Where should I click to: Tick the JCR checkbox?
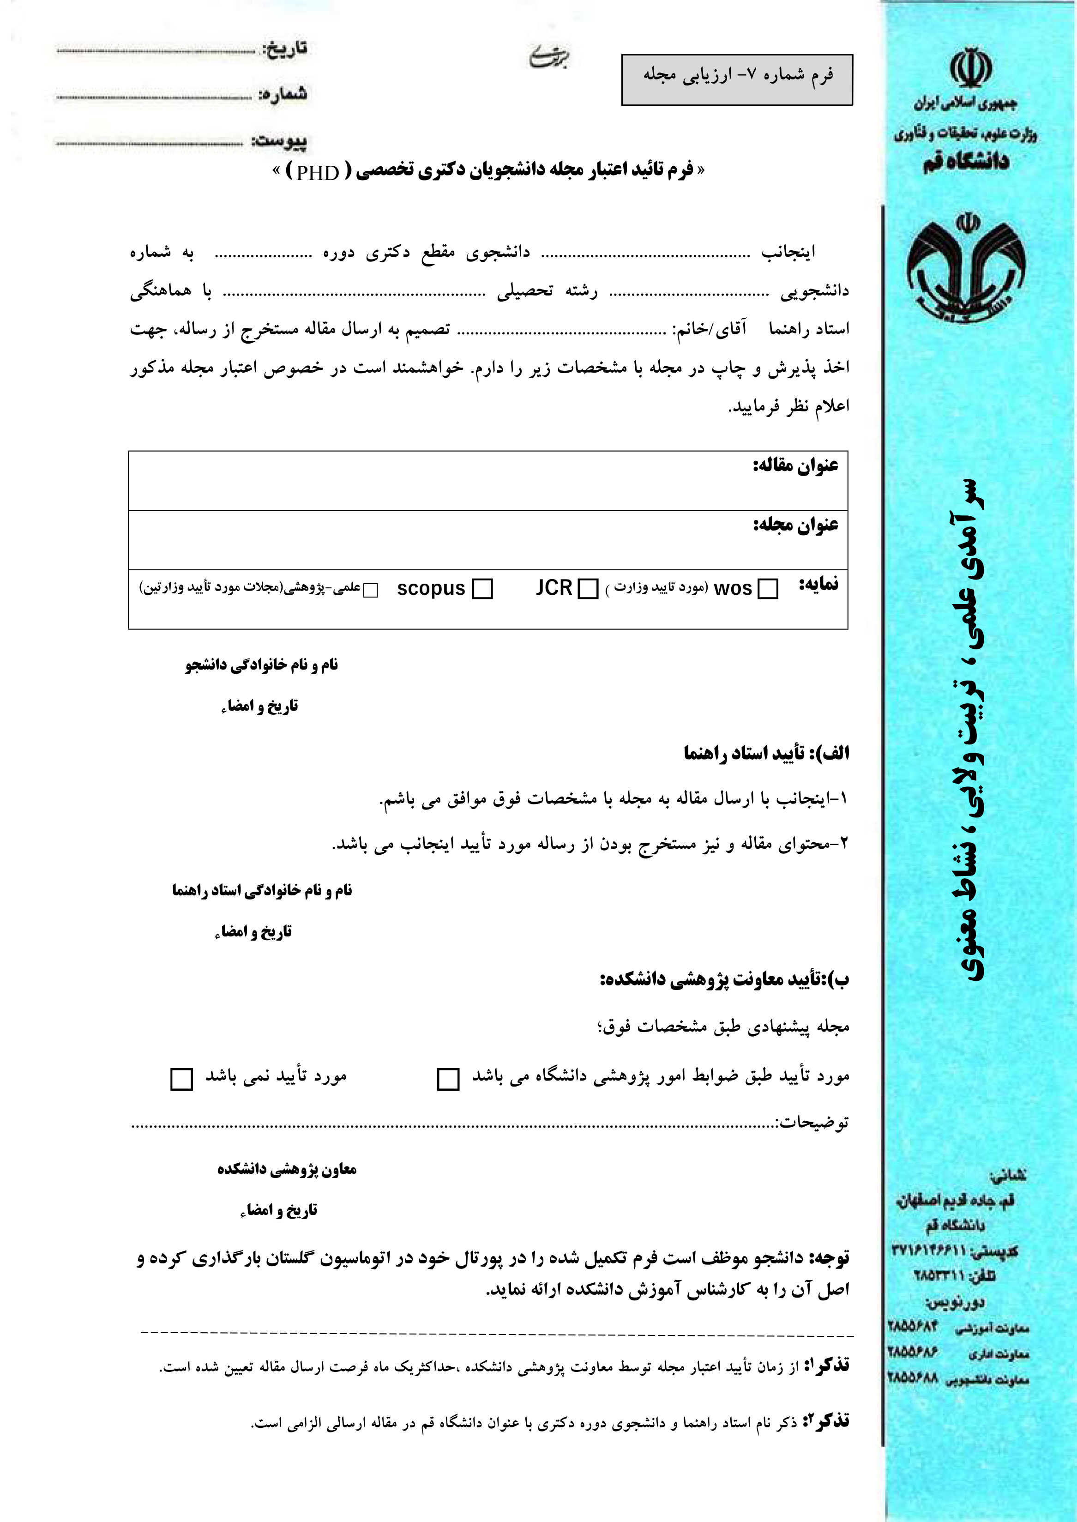pos(588,588)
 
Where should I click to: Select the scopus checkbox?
pos(482,588)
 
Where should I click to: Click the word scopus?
pos(431,588)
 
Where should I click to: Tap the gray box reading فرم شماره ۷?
pos(737,79)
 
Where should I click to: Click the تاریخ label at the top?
pos(285,48)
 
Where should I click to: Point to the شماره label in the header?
pos(283,94)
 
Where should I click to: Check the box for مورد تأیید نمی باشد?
pos(182,1079)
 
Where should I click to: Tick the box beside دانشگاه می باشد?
pos(448,1079)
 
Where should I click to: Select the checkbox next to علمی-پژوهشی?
pos(371,590)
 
